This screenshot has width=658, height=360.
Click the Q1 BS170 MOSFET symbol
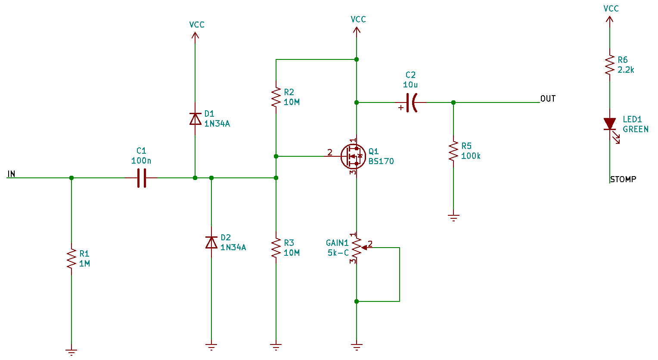(354, 156)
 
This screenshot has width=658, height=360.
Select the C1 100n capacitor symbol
(142, 178)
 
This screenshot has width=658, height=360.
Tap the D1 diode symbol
(196, 119)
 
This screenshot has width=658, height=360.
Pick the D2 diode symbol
(211, 242)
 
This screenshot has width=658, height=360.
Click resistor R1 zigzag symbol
(71, 259)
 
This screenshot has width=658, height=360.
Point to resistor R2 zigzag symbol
(276, 97)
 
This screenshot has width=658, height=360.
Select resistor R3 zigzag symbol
(276, 248)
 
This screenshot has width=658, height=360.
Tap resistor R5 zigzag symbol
(453, 151)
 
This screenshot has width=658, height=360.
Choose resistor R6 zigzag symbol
(610, 65)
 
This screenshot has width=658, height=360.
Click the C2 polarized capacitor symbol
(411, 103)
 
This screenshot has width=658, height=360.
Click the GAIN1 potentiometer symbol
(359, 248)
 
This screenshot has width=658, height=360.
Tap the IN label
(11, 174)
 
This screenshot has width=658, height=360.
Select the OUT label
(548, 99)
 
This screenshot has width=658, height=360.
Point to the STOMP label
(624, 179)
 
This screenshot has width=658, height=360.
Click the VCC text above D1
(197, 25)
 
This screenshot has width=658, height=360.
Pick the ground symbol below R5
(453, 218)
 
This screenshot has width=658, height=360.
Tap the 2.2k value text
(626, 70)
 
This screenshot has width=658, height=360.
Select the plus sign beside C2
(401, 108)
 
